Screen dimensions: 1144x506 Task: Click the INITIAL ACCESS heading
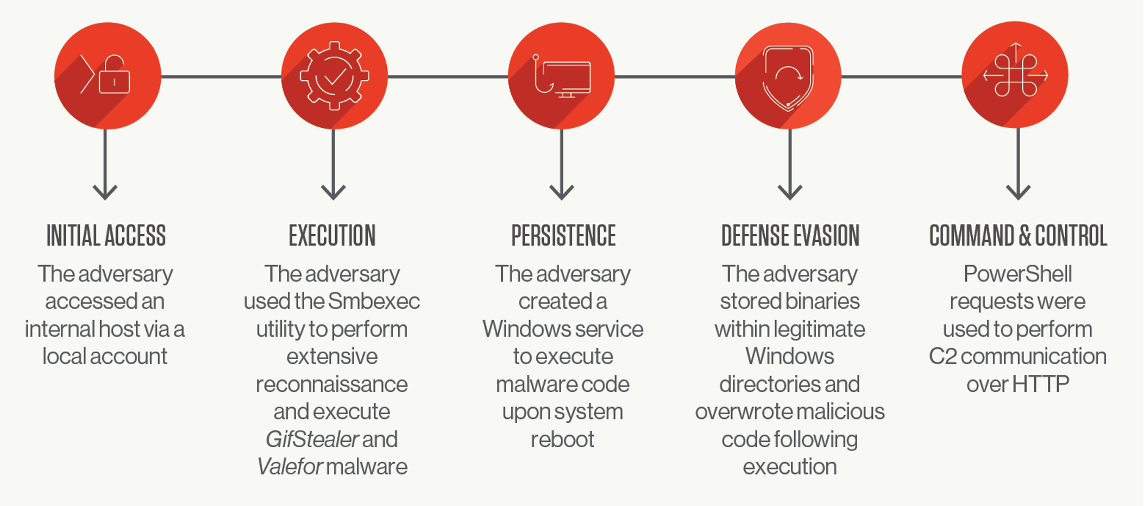pyautogui.click(x=106, y=235)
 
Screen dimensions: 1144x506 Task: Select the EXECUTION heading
pyautogui.click(x=332, y=235)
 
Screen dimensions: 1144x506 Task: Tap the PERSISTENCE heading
pyautogui.click(x=563, y=235)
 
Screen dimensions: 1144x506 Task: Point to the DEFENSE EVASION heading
pyautogui.click(x=790, y=235)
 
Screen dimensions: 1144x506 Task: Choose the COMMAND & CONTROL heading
pyautogui.click(x=1018, y=235)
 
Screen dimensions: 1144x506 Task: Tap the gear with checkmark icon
pyautogui.click(x=335, y=76)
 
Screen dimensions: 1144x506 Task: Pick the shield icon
pyautogui.click(x=788, y=78)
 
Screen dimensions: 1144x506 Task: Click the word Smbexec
pyautogui.click(x=374, y=302)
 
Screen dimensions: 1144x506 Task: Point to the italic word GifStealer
pyautogui.click(x=312, y=439)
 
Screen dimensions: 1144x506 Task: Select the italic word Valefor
pyautogui.click(x=290, y=467)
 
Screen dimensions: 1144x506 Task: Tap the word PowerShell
pyautogui.click(x=1017, y=274)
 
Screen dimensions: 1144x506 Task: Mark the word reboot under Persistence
pyautogui.click(x=562, y=439)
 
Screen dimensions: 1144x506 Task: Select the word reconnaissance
pyautogui.click(x=332, y=384)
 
